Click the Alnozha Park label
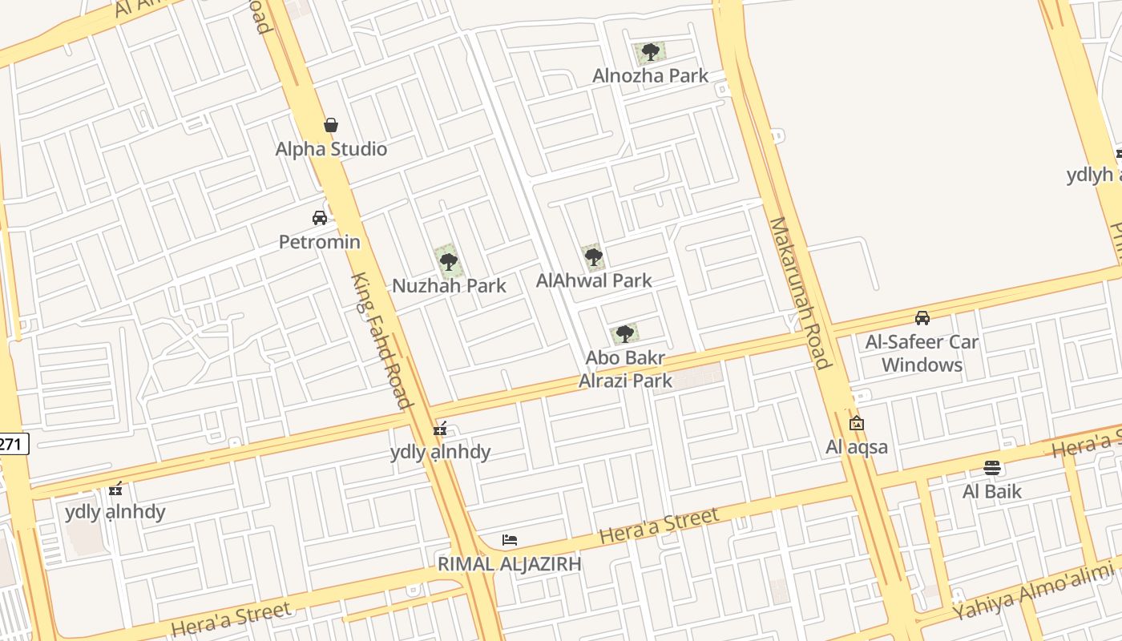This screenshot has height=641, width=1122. [650, 75]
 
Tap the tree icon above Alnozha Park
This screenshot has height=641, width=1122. [650, 53]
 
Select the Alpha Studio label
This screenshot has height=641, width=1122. [331, 149]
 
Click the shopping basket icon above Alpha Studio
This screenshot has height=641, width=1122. [330, 125]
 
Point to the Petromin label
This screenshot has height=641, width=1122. [320, 241]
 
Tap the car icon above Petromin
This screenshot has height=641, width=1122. [320, 218]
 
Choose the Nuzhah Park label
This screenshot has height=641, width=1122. [449, 285]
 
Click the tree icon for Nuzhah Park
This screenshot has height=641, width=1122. [449, 261]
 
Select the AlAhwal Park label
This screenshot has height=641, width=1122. [594, 280]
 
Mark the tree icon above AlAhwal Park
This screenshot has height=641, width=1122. [593, 257]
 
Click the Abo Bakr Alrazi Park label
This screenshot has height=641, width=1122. [626, 369]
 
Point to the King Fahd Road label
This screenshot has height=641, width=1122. [381, 340]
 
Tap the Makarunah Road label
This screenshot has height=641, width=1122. [799, 292]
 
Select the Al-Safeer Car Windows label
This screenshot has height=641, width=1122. [922, 353]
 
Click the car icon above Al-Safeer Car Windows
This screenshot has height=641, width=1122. [922, 318]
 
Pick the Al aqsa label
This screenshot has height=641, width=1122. [857, 447]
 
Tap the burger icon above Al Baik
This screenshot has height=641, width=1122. [992, 468]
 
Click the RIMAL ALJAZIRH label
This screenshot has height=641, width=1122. [509, 563]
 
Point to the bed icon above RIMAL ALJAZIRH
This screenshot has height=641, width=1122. [510, 540]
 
